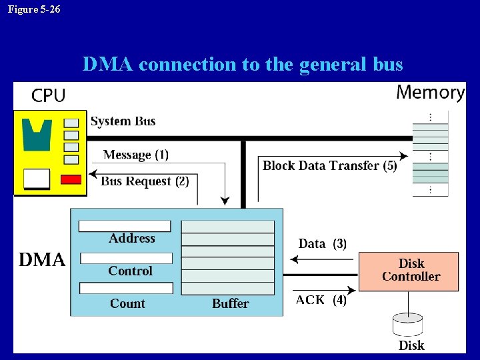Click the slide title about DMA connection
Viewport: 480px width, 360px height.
pos(243,65)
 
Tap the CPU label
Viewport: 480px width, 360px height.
pos(48,96)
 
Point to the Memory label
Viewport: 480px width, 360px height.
pos(430,92)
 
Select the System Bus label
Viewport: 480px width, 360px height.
pos(123,121)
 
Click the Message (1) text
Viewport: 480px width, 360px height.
pos(135,155)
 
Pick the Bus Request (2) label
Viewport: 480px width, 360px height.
pos(144,181)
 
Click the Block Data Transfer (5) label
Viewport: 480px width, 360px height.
pos(329,165)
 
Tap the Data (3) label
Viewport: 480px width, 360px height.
pos(322,243)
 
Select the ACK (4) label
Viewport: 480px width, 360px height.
pos(321,300)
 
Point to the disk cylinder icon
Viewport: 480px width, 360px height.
pos(408,325)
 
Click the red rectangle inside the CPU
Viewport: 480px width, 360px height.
pos(71,179)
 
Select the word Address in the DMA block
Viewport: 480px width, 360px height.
pos(131,238)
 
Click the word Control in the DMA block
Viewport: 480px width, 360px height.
pos(130,271)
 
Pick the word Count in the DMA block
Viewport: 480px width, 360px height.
pos(127,303)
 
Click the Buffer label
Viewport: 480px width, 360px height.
pos(230,303)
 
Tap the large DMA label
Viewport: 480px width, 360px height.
pos(42,260)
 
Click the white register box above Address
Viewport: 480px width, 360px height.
pos(125,226)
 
